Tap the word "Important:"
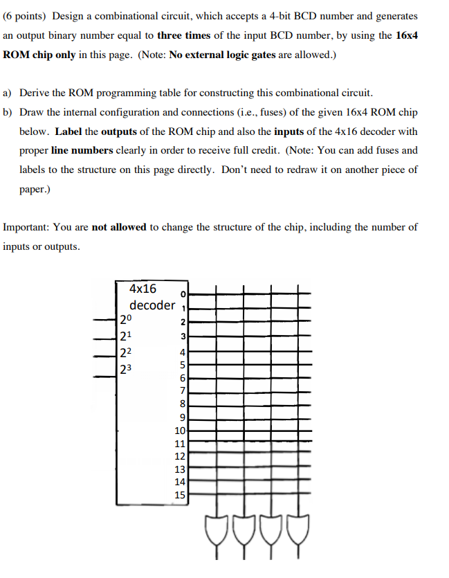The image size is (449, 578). tap(27, 227)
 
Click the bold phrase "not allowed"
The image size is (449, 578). tap(119, 227)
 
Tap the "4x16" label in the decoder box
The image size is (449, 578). tap(143, 289)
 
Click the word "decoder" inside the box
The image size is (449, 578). tap(152, 305)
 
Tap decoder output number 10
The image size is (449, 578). tap(180, 431)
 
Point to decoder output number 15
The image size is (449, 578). tap(180, 494)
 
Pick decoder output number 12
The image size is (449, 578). tap(180, 456)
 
